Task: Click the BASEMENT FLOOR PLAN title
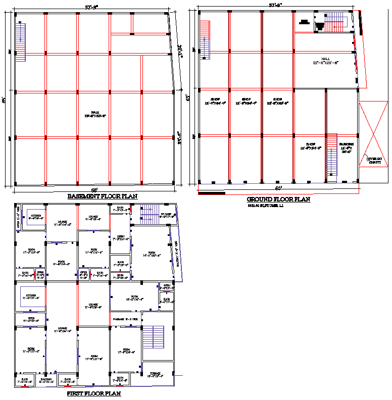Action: [103, 196]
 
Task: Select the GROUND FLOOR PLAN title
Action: [278, 199]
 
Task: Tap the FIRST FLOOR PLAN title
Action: [94, 393]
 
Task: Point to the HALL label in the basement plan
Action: [94, 113]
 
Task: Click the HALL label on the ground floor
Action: [325, 59]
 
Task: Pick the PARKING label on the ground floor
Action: [346, 145]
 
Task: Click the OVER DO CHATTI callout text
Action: [375, 160]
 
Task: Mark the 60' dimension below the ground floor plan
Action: [278, 188]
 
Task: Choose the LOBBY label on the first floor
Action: [121, 235]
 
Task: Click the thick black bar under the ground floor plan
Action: [212, 192]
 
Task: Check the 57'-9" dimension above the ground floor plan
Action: [276, 5]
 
